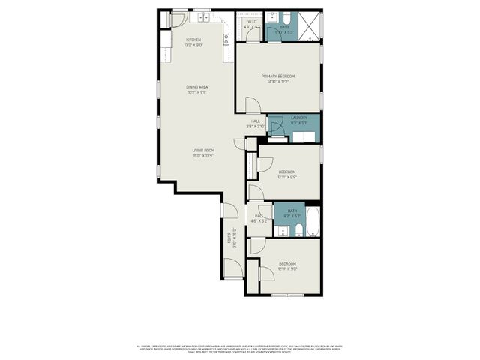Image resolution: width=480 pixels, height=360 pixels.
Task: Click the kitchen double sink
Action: point(202,17)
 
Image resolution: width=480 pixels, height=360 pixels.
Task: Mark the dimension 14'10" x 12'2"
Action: point(277,82)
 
